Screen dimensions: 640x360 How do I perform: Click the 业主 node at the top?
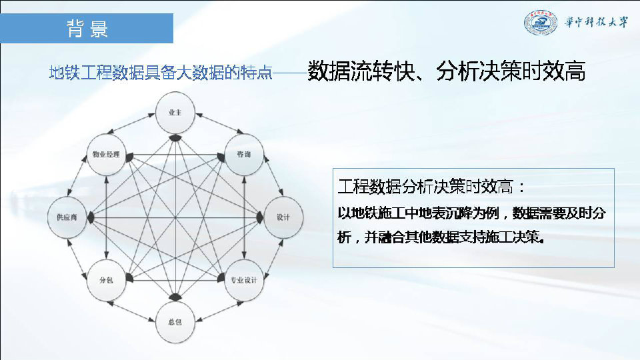click(175, 113)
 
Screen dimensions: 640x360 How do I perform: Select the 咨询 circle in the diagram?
click(244, 154)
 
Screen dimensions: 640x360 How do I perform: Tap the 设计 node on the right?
click(283, 217)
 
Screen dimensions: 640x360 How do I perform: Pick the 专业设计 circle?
click(244, 280)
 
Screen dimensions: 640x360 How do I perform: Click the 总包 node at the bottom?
click(175, 322)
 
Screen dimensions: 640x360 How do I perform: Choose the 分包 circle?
click(106, 280)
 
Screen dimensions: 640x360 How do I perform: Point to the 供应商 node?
click(67, 217)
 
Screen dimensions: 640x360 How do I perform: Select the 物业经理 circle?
click(106, 154)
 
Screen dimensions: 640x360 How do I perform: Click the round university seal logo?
click(541, 23)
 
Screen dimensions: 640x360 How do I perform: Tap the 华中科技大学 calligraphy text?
click(596, 22)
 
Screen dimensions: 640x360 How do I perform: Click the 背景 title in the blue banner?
click(87, 29)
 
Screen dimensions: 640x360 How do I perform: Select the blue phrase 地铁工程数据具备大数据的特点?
click(161, 73)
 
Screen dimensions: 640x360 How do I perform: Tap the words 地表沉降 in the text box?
click(441, 213)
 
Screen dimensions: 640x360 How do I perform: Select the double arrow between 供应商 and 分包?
click(77, 259)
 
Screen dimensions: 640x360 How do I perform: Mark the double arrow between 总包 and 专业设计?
click(219, 311)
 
